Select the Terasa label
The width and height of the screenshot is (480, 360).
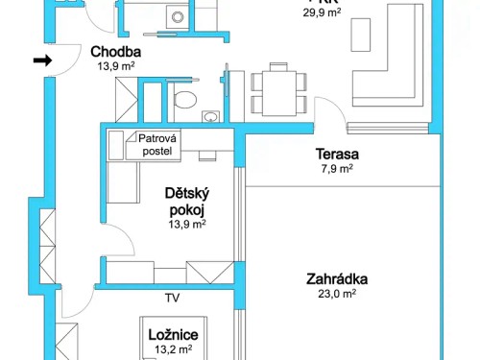337,154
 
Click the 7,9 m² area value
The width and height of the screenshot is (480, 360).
337,168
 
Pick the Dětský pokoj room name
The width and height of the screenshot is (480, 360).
187,200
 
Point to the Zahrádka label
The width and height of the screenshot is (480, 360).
337,280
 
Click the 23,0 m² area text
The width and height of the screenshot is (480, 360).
337,296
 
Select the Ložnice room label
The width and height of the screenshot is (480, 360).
173,334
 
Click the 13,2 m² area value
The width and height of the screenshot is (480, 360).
173,349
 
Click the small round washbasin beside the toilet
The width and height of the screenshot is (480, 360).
209,117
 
